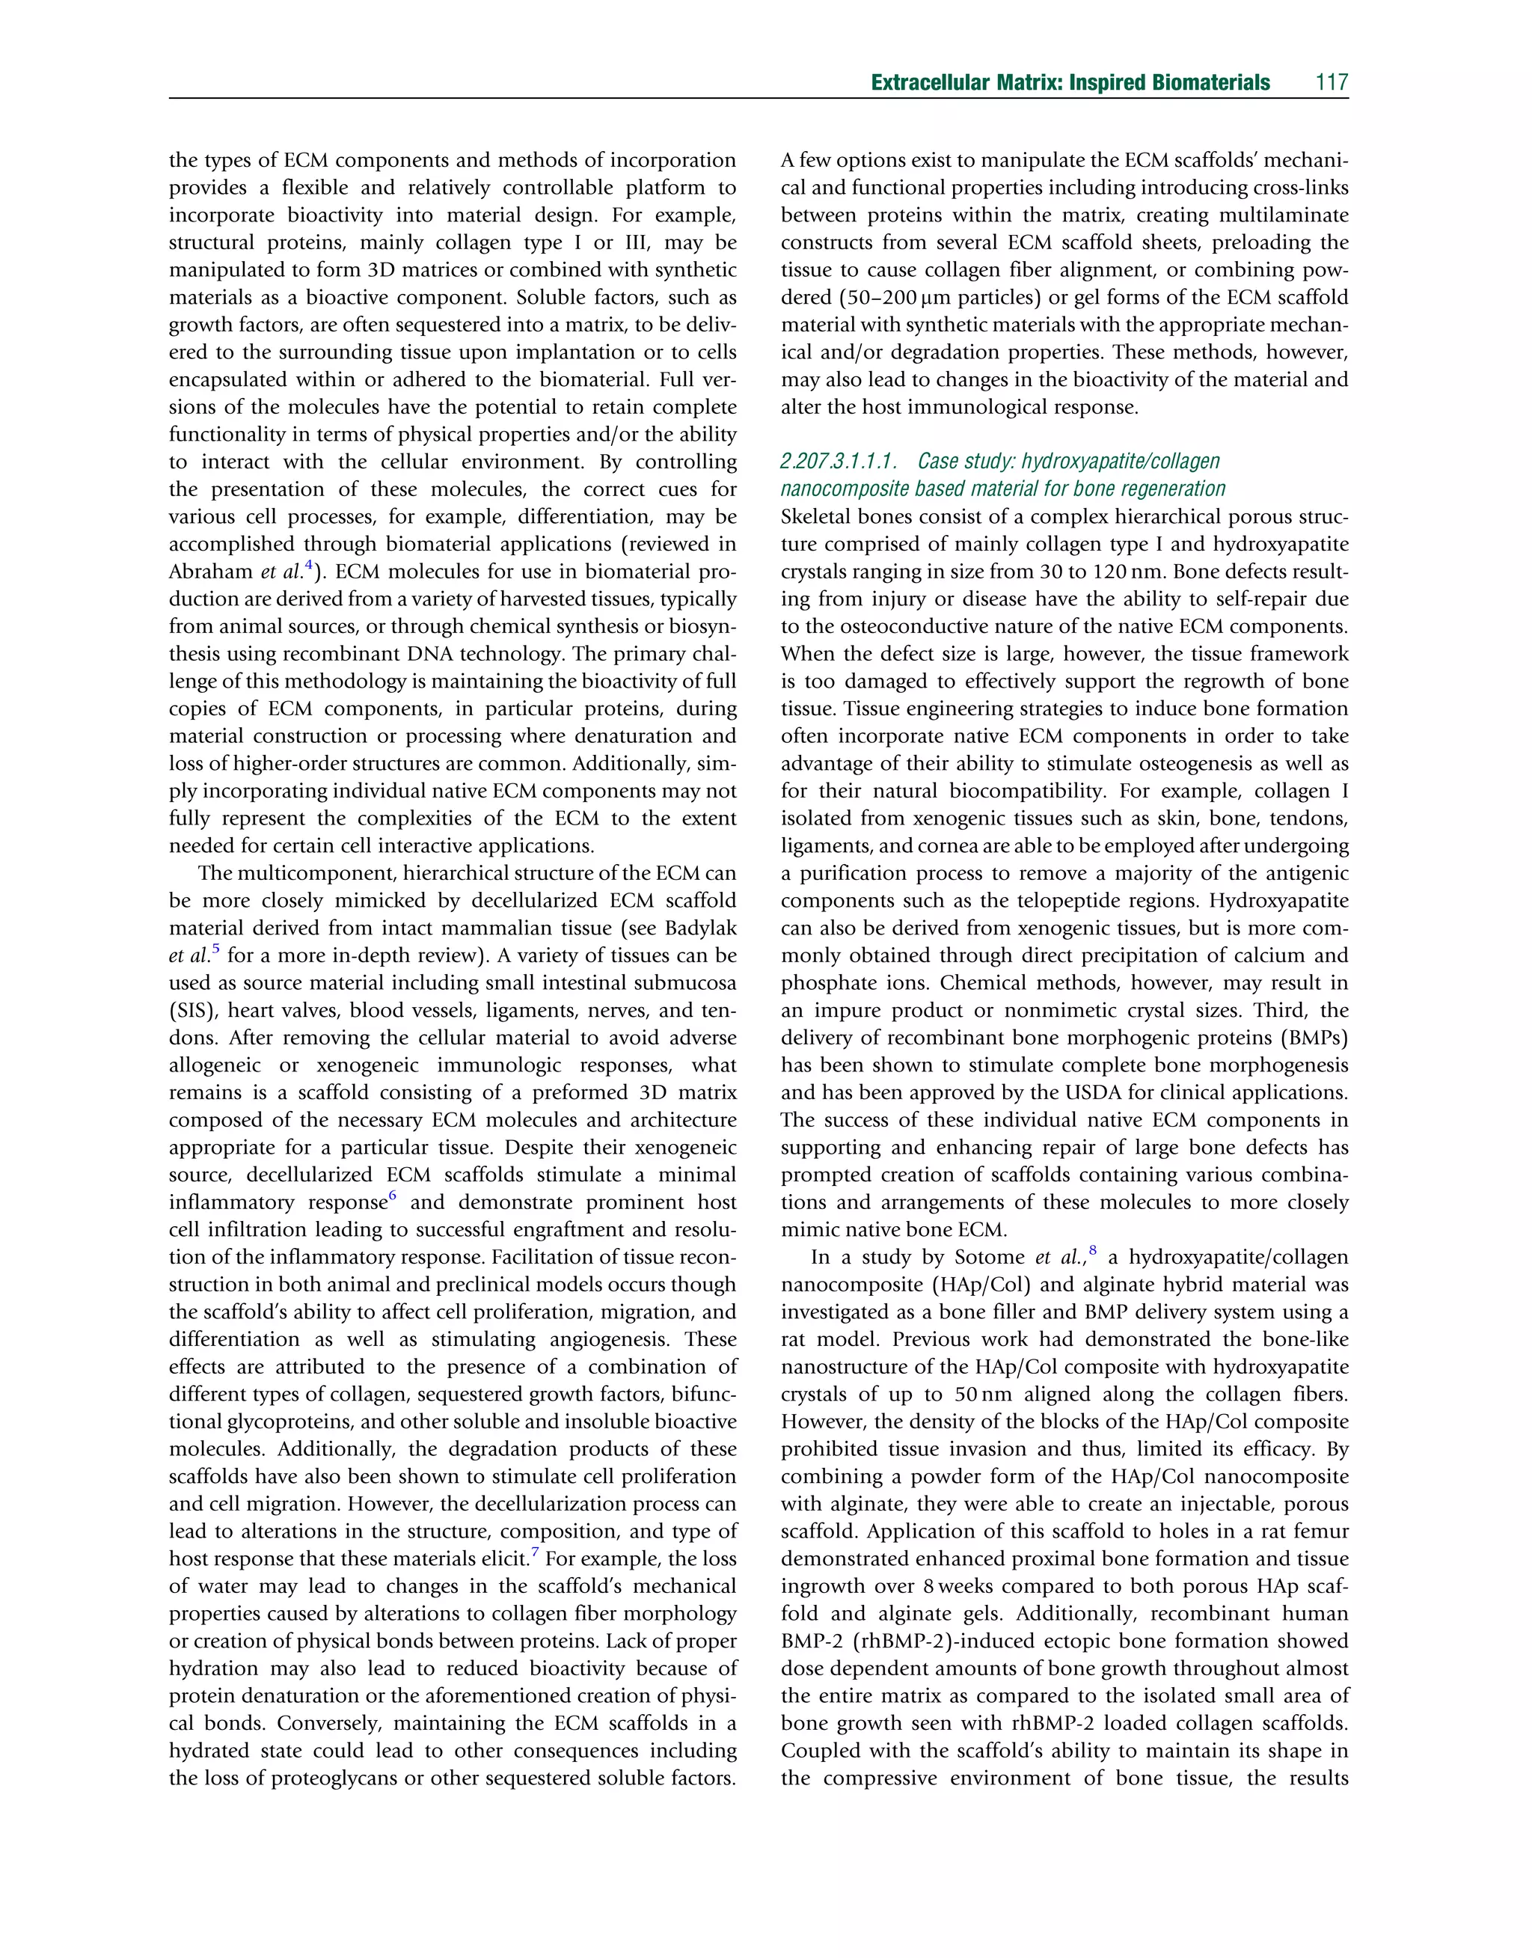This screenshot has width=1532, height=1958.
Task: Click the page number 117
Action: point(1332,83)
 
